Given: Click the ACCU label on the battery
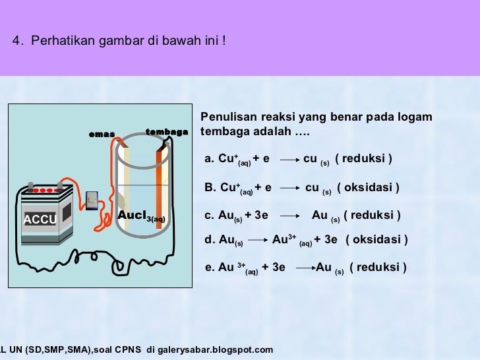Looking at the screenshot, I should (40, 219).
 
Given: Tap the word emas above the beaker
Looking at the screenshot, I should (102, 135).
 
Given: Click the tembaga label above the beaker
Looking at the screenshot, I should (166, 132).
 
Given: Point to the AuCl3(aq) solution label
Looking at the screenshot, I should (142, 216).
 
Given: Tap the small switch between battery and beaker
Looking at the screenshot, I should (92, 197).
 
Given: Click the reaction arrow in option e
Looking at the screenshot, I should (304, 268).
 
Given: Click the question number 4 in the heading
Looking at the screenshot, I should (16, 41).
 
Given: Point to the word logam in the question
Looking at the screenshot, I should (417, 117).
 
